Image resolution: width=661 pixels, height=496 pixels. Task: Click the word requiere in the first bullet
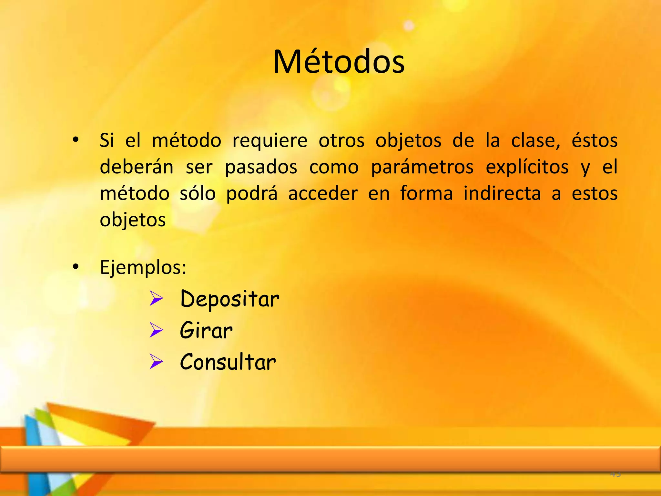pos(270,141)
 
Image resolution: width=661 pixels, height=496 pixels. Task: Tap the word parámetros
pos(422,167)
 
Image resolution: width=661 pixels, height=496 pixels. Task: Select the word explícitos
pos(527,167)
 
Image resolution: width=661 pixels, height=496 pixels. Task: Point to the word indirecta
pos(502,193)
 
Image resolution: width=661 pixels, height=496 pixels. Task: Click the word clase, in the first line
pos(536,141)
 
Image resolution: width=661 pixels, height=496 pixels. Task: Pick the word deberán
pos(137,167)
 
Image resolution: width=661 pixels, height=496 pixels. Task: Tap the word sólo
pos(198,193)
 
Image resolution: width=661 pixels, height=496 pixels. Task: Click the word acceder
pos(323,193)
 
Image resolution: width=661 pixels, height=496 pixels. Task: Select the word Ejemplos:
pos(143,268)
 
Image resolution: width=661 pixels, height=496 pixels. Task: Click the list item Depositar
pos(230,299)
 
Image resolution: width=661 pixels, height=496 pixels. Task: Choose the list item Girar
pos(206,330)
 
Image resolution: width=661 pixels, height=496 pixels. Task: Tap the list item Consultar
pos(228,362)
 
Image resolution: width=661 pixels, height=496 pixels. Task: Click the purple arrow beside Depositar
pos(156,299)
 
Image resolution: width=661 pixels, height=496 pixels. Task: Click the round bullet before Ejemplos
pos(76,267)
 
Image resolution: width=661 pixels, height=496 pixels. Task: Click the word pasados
pos(261,167)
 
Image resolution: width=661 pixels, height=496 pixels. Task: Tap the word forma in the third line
pos(426,193)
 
